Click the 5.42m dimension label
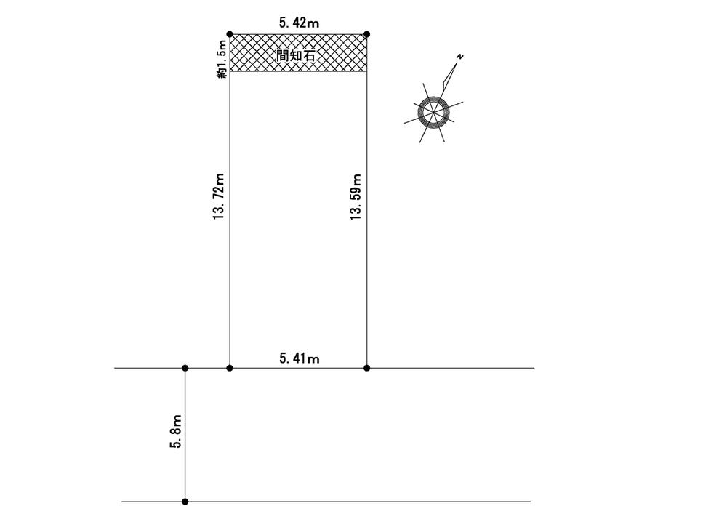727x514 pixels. point(299,23)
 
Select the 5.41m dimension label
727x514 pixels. point(299,358)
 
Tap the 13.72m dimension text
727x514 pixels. point(219,196)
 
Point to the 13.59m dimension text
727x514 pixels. point(356,196)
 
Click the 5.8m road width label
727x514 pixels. point(176,431)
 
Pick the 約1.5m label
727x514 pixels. point(222,59)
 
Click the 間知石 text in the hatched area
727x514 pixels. point(296,56)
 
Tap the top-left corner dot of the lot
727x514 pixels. point(230,34)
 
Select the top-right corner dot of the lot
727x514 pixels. point(366,34)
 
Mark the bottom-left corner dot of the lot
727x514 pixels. point(230,368)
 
